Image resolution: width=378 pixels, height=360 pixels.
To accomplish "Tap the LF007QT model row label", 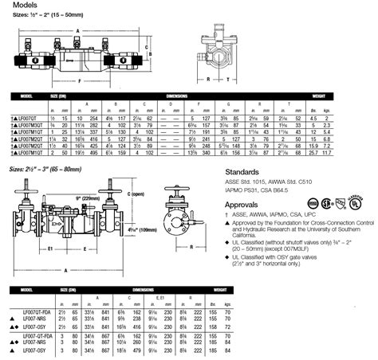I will point(30,117).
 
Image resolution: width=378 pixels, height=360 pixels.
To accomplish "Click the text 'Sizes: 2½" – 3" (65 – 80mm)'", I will point(53,148).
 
